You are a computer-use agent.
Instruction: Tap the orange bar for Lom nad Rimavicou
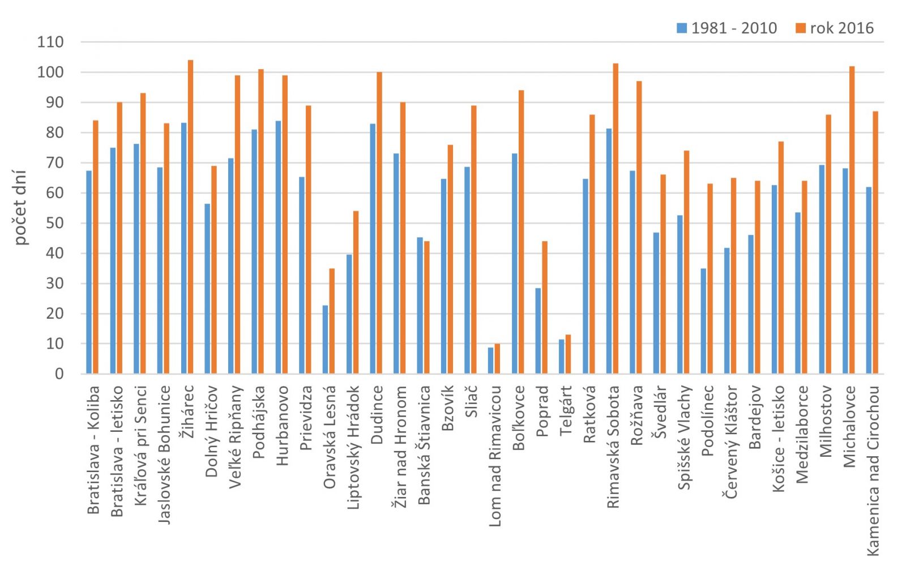click(497, 359)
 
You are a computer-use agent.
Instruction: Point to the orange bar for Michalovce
click(852, 220)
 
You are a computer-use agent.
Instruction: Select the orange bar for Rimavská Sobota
click(616, 218)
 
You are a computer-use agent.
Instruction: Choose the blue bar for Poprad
click(538, 331)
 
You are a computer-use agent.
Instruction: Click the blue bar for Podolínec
click(703, 321)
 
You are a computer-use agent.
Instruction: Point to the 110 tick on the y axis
click(50, 42)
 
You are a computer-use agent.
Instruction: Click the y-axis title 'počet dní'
click(20, 207)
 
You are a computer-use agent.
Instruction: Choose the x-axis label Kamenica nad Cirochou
click(873, 470)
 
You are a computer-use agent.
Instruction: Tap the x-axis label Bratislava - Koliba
click(93, 449)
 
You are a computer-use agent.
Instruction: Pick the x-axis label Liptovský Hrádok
click(353, 447)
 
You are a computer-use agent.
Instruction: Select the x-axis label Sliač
click(471, 401)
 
